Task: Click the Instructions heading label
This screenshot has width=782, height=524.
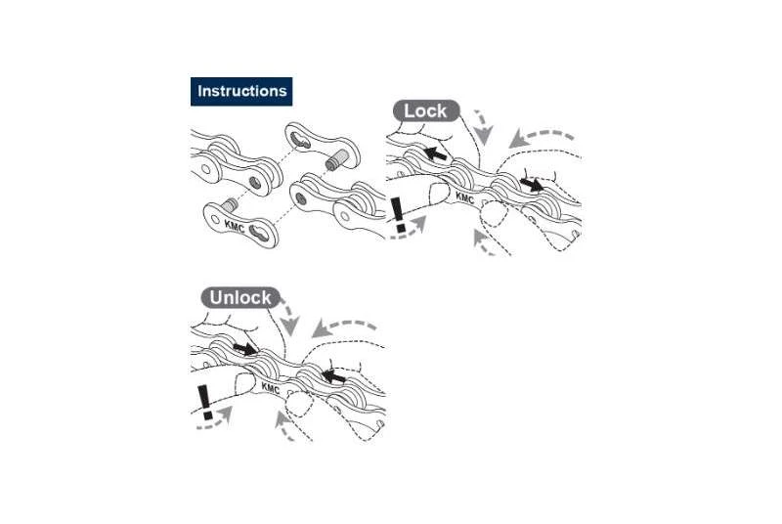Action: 241,91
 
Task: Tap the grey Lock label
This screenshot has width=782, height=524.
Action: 425,110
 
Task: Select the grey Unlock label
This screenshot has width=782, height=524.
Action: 240,297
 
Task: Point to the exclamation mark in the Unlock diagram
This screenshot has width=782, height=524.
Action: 204,402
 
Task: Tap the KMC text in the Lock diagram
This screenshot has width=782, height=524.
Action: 464,199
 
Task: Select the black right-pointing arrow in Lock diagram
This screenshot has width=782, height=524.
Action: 532,183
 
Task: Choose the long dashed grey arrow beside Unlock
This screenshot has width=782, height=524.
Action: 345,326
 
